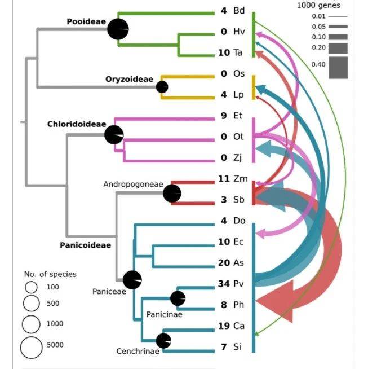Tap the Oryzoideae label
pyautogui.click(x=129, y=79)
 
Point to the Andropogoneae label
pyautogui.click(x=132, y=184)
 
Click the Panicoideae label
pyautogui.click(x=85, y=245)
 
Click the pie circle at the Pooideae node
pyautogui.click(x=118, y=29)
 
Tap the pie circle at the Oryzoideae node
pyautogui.click(x=162, y=87)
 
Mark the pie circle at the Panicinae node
pyautogui.click(x=178, y=298)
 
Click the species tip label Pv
pyautogui.click(x=238, y=283)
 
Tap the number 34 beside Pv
pyautogui.click(x=224, y=283)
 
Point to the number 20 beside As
pyautogui.click(x=224, y=262)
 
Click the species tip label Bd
pyautogui.click(x=239, y=11)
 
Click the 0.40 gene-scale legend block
pyautogui.click(x=338, y=68)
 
